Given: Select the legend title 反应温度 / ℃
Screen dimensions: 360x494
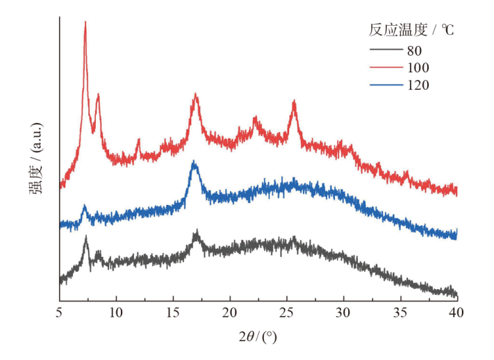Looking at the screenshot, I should click(x=411, y=31).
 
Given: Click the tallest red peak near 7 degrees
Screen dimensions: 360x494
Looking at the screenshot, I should click(x=85, y=22).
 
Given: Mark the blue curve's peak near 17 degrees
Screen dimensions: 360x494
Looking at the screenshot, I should click(x=195, y=163).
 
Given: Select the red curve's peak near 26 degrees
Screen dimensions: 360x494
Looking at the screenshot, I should click(x=295, y=101).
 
